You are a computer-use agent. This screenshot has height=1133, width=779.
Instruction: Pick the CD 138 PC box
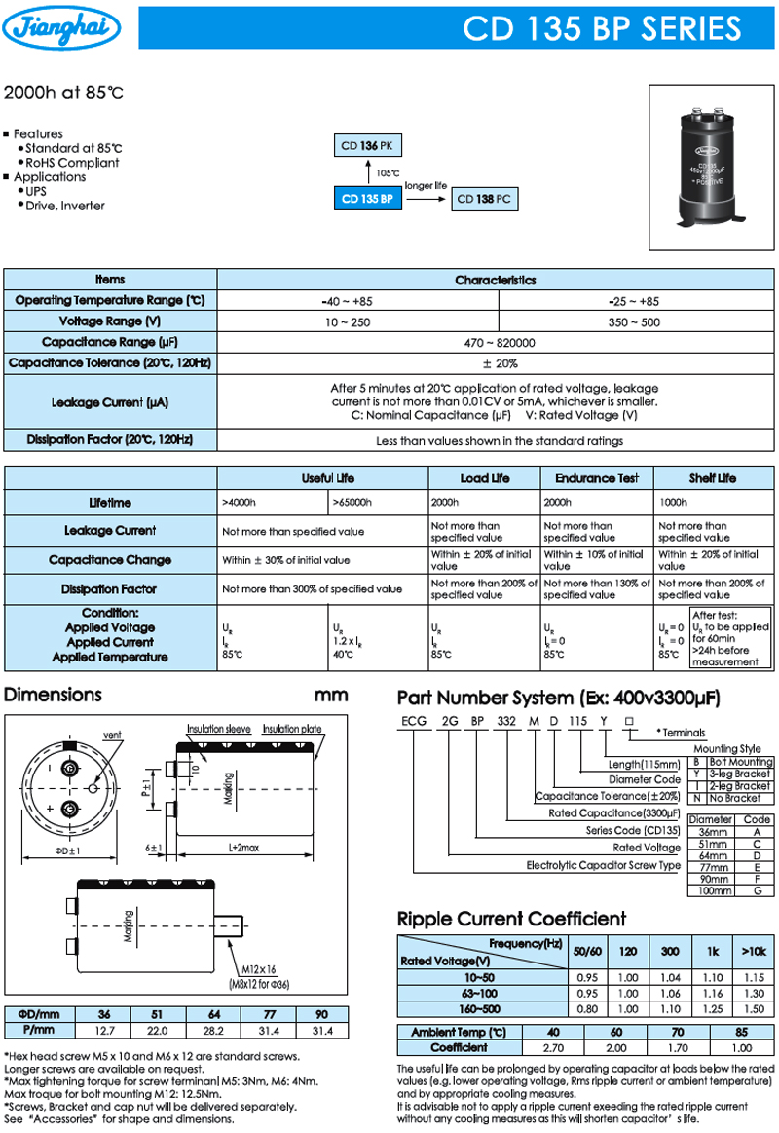coord(483,199)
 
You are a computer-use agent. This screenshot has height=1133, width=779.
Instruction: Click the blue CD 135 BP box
coord(367,199)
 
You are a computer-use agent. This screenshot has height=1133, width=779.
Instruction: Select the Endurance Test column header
coord(597,478)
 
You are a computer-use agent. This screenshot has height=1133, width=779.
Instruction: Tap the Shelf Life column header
coord(713,478)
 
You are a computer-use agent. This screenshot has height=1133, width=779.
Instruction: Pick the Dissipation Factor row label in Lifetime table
coord(109,588)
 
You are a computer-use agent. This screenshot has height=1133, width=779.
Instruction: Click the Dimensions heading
coord(54,696)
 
